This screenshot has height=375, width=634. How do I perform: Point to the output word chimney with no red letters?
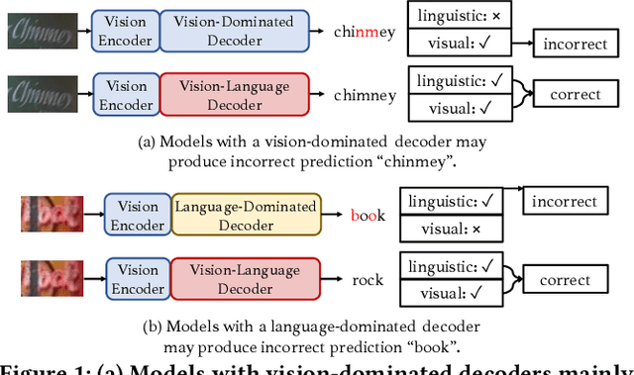[x=366, y=96]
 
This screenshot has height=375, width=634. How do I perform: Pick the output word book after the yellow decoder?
[x=369, y=215]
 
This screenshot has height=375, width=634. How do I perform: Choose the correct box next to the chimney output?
[x=568, y=95]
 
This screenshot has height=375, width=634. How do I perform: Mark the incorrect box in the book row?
[x=565, y=201]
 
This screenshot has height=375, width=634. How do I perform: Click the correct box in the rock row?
[x=565, y=280]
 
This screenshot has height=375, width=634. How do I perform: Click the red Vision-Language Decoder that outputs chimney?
[x=234, y=95]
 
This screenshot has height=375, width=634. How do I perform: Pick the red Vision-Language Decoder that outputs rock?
[x=246, y=279]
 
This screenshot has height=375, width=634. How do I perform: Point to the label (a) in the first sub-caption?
[x=146, y=141]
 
